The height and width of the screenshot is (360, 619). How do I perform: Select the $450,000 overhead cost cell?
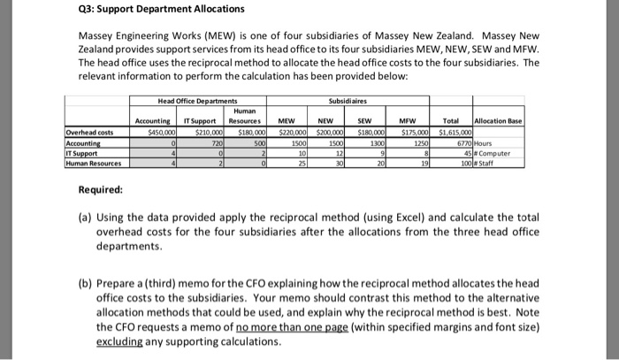click(x=156, y=133)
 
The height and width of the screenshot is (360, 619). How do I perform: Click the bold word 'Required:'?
click(x=93, y=190)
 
